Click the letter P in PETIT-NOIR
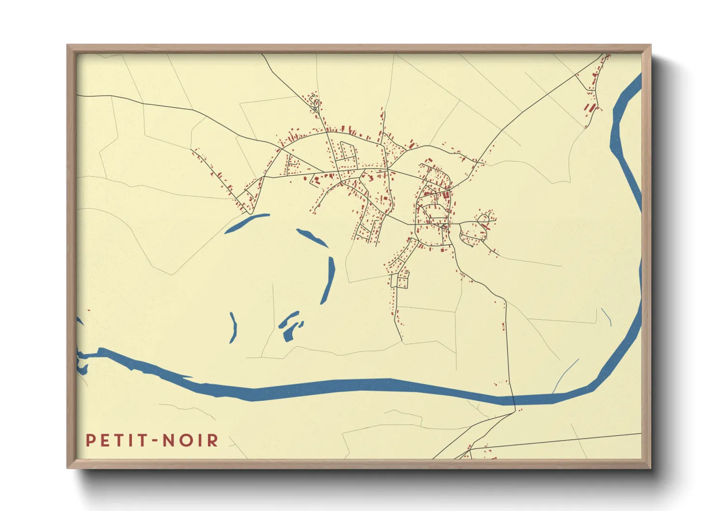point(90,440)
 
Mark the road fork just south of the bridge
point(515,412)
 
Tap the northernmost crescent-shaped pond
point(246,223)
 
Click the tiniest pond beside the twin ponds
point(302,324)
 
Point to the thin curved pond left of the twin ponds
point(234,327)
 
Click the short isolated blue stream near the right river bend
point(606,317)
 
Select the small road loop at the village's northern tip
point(316,103)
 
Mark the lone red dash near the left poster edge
point(88,311)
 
